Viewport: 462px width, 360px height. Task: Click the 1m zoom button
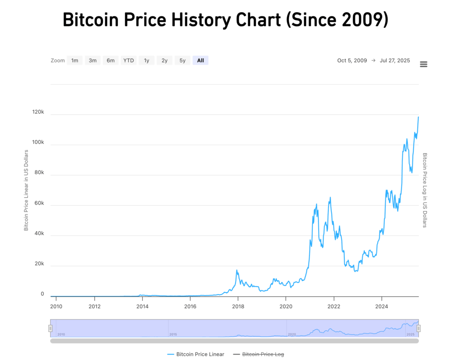[75, 60]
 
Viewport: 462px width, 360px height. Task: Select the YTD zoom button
[129, 60]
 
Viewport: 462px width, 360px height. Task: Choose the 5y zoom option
[182, 60]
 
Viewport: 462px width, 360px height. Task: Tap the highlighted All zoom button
[200, 60]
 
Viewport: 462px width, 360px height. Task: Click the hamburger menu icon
[423, 64]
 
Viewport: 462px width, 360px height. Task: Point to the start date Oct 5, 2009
[352, 60]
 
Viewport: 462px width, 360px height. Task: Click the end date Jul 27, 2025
[395, 60]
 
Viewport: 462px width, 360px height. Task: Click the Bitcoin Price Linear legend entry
[196, 354]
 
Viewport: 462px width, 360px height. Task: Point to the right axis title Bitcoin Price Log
[425, 189]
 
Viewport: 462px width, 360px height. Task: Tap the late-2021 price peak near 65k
[330, 197]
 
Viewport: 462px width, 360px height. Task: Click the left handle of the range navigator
[51, 328]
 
